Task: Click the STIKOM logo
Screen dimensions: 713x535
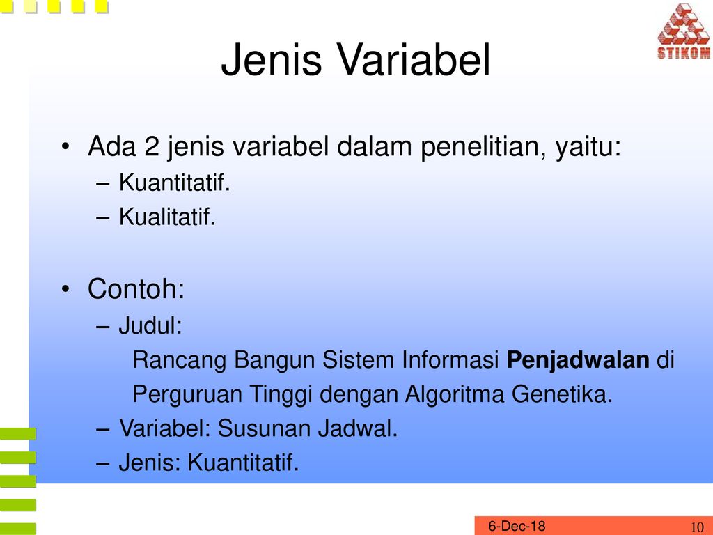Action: coord(684,31)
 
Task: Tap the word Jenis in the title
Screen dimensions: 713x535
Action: coord(272,60)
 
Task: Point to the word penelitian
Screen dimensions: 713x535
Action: coord(483,148)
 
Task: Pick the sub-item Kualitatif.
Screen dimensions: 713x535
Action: coord(167,216)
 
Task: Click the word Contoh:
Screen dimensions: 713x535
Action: coord(136,288)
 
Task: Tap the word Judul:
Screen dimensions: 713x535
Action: coord(150,325)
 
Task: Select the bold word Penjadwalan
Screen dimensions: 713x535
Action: coord(578,360)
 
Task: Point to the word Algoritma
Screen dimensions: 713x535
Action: coord(454,394)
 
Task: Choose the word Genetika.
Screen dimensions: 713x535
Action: coord(562,394)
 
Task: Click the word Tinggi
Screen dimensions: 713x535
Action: coord(280,394)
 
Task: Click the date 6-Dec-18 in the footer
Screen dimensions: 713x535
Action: coord(517,526)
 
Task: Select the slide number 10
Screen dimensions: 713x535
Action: coord(697,527)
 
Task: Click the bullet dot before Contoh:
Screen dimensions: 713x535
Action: coord(66,289)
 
